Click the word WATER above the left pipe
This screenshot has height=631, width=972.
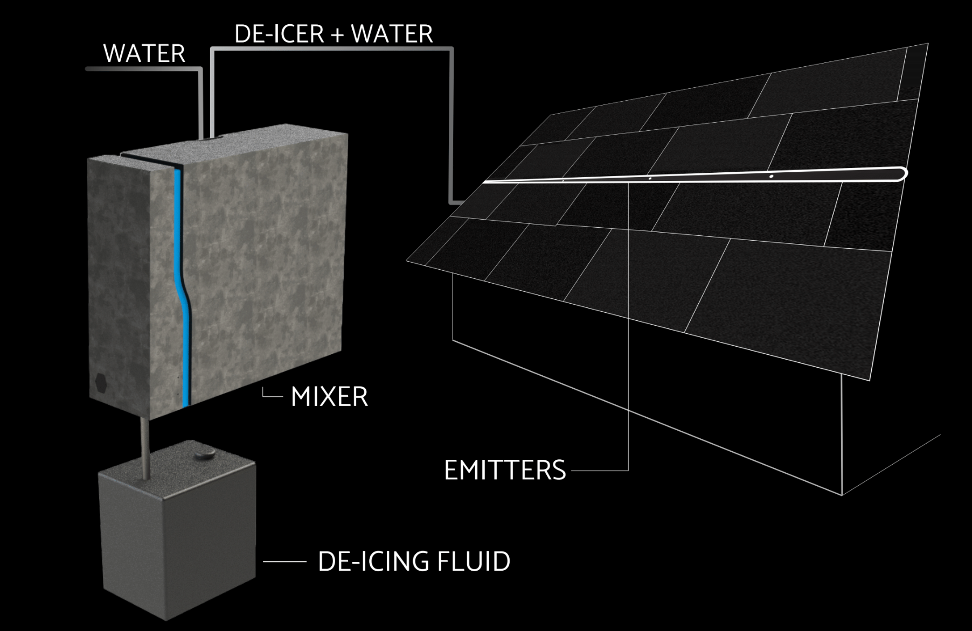144,53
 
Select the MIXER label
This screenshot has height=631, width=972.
329,397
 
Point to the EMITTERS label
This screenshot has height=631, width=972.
505,470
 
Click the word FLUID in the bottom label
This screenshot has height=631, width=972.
473,561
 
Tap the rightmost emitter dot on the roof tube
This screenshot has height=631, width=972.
772,176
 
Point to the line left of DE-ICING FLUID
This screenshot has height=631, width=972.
284,562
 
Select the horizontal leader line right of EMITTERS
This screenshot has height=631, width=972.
598,471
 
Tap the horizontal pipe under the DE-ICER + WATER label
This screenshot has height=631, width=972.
331,49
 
